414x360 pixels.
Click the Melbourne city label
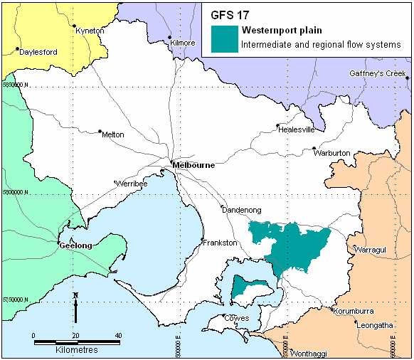click(193, 165)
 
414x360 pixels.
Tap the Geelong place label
click(75, 245)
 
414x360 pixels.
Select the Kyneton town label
click(90, 31)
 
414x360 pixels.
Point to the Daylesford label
click(38, 52)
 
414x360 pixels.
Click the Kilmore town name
click(183, 43)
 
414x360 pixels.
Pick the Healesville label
click(295, 129)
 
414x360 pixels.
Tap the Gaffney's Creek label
click(377, 74)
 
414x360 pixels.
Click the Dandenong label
click(242, 211)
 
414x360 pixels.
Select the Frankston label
click(219, 243)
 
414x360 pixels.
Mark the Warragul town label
click(371, 250)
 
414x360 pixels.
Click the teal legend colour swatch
click(225, 38)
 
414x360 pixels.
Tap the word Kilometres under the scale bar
click(76, 350)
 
